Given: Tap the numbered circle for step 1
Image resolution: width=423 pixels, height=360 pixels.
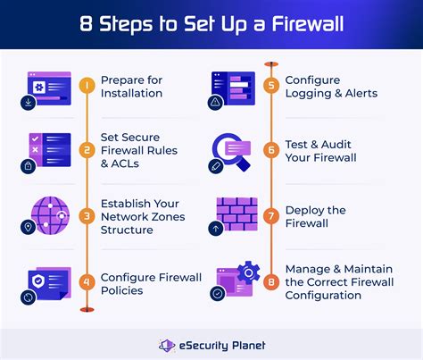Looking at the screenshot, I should click(87, 87).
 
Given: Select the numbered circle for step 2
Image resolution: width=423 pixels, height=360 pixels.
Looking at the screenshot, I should click(87, 150).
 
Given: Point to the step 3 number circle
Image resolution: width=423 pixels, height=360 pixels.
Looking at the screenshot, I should click(87, 215).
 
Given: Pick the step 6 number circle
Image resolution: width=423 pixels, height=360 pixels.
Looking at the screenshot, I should click(270, 150).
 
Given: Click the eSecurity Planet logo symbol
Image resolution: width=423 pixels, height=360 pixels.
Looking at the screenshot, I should click(165, 345).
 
